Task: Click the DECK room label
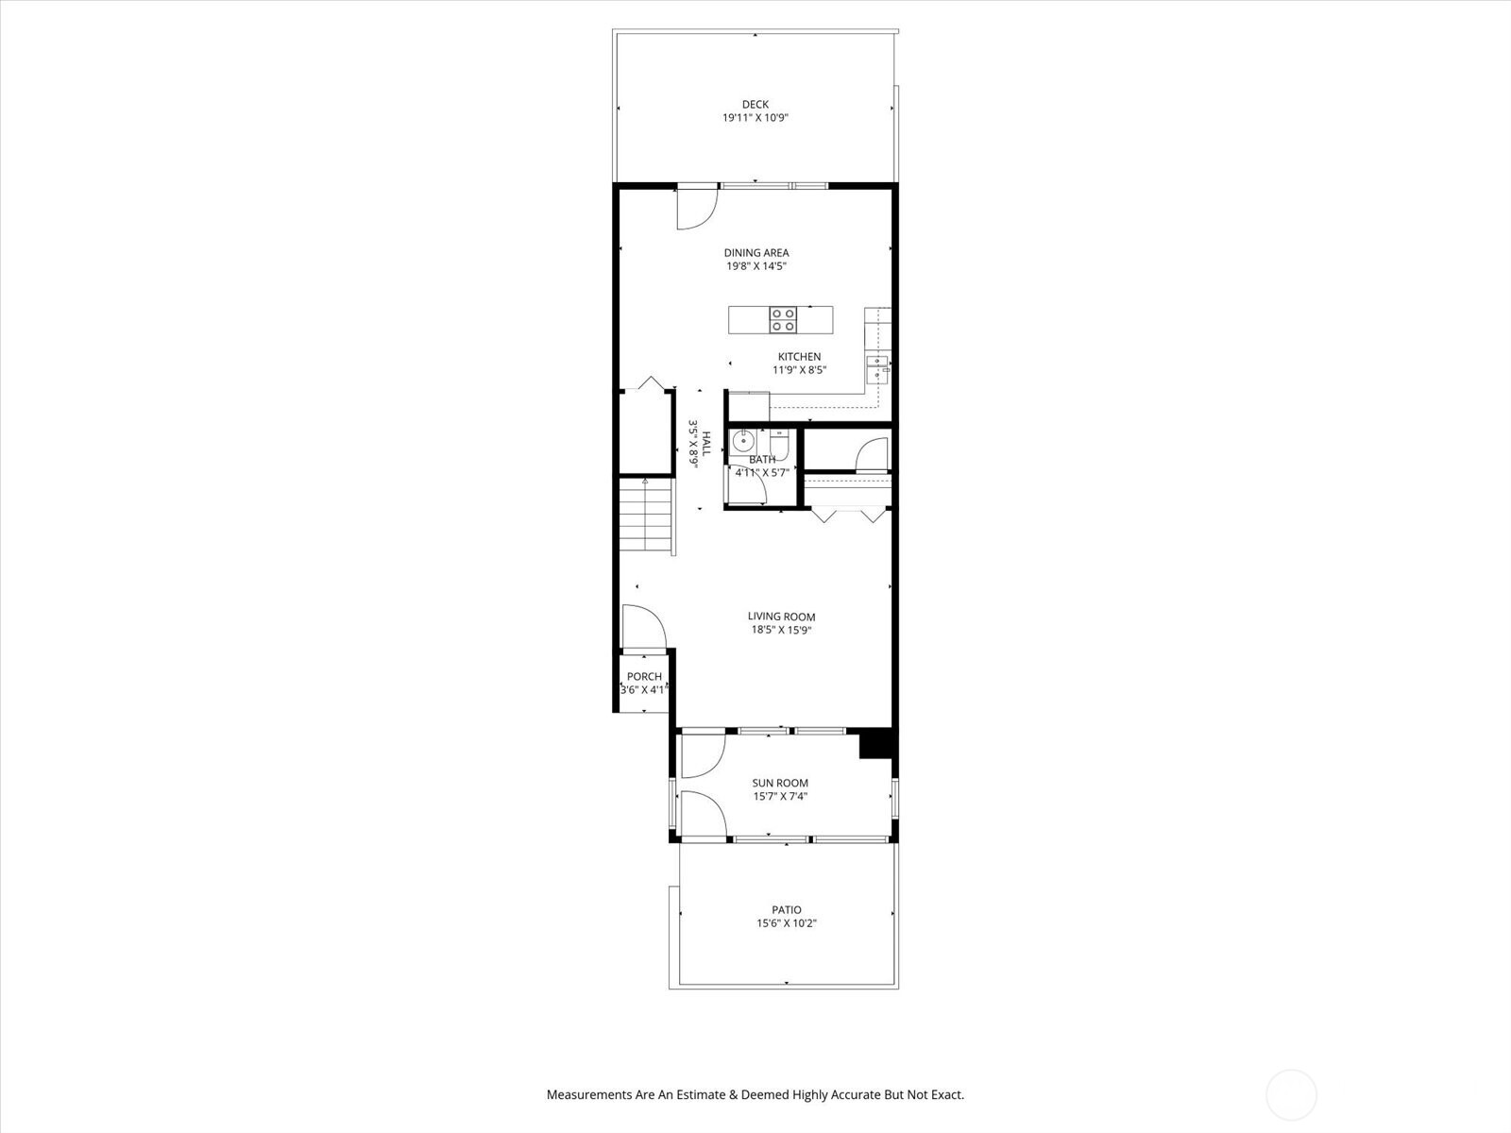pyautogui.click(x=755, y=105)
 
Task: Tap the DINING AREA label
pyautogui.click(x=755, y=253)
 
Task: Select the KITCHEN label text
pyautogui.click(x=799, y=357)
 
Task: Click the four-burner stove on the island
pyautogui.click(x=782, y=320)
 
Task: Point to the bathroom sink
pyautogui.click(x=743, y=440)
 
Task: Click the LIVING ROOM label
pyautogui.click(x=781, y=617)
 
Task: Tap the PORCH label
pyautogui.click(x=644, y=677)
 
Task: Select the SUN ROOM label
pyautogui.click(x=780, y=783)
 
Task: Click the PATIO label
pyautogui.click(x=786, y=910)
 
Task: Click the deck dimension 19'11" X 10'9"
pyautogui.click(x=755, y=119)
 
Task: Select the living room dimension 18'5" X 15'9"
pyautogui.click(x=781, y=631)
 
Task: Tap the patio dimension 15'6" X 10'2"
pyautogui.click(x=786, y=924)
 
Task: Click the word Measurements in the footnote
pyautogui.click(x=589, y=1095)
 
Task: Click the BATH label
pyautogui.click(x=761, y=460)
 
